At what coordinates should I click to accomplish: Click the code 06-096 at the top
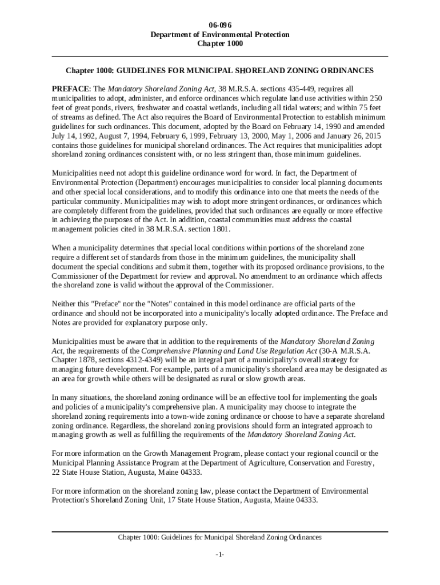click(x=219, y=25)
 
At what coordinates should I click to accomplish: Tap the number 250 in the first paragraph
click(x=377, y=98)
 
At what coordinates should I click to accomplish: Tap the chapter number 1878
click(x=91, y=360)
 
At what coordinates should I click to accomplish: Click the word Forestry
click(x=358, y=463)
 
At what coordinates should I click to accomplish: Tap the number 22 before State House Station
click(x=56, y=472)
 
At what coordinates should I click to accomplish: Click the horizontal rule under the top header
click(x=220, y=57)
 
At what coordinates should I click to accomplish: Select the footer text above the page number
click(x=220, y=538)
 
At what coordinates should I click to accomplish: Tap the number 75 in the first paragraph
click(x=376, y=107)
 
